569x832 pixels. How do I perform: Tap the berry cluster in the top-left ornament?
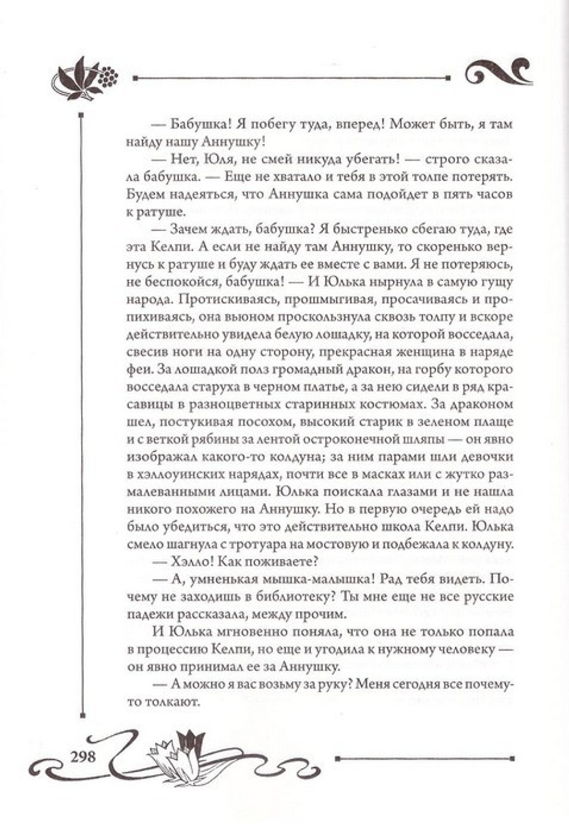[x=108, y=75]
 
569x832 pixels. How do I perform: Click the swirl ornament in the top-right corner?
[x=498, y=73]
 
